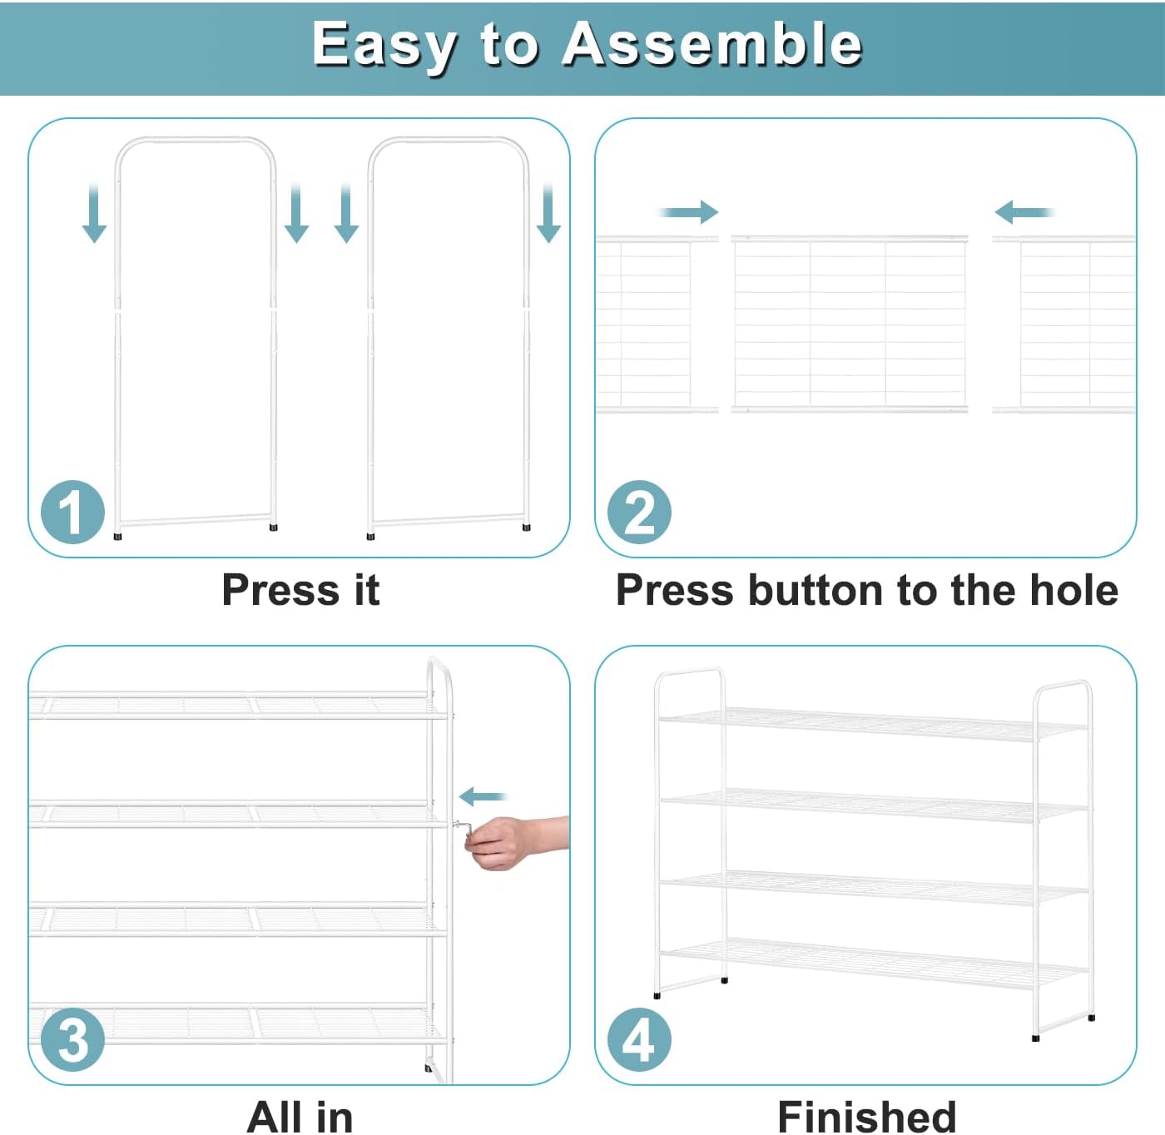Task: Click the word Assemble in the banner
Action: pyautogui.click(x=711, y=44)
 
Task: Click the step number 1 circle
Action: pyautogui.click(x=72, y=512)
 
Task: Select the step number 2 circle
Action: pyautogui.click(x=639, y=512)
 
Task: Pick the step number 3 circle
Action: pyautogui.click(x=72, y=1040)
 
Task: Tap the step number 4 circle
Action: pyautogui.click(x=639, y=1040)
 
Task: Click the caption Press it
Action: pyautogui.click(x=300, y=590)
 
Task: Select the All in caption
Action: pyautogui.click(x=300, y=1117)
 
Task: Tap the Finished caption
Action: pyautogui.click(x=866, y=1117)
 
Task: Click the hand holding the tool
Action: pyautogui.click(x=515, y=841)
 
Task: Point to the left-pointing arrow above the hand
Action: pyautogui.click(x=483, y=797)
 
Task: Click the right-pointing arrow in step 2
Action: pyautogui.click(x=688, y=212)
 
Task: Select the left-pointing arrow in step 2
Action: pyautogui.click(x=1024, y=212)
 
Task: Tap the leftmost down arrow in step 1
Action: pyautogui.click(x=94, y=212)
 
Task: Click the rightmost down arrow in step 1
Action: pyautogui.click(x=548, y=212)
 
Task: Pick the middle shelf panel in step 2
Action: pyautogui.click(x=850, y=324)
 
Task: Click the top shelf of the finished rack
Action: pyautogui.click(x=873, y=725)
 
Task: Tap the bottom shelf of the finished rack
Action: pyautogui.click(x=873, y=964)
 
